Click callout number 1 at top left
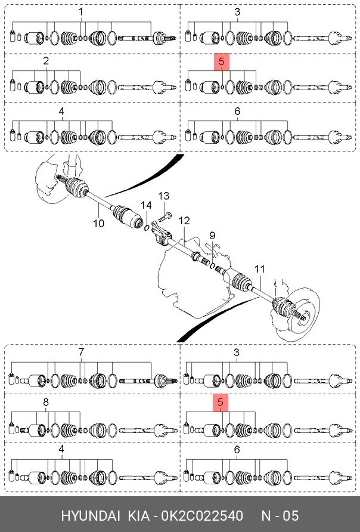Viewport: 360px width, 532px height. pos(80,12)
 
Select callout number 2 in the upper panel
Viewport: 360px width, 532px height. pos(46,61)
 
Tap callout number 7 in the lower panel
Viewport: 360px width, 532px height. pos(81,352)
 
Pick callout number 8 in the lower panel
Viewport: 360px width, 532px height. pos(46,402)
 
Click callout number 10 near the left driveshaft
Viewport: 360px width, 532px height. pos(98,224)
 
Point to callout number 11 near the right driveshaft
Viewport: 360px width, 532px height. pos(259,270)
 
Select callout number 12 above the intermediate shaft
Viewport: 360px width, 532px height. pos(184,221)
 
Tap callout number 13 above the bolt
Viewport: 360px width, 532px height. pos(164,196)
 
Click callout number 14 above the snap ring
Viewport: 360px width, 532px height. pos(146,205)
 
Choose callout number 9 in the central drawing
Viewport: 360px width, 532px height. pos(212,235)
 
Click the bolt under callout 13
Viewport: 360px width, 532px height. pos(166,216)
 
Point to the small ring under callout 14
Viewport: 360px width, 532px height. pos(147,228)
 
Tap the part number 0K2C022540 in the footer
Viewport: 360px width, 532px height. pos(203,516)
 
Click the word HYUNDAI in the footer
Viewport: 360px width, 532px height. pos(90,516)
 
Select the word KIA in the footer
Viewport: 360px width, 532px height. pos(139,516)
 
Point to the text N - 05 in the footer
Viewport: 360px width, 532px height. pos(280,516)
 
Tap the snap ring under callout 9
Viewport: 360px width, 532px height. pos(212,266)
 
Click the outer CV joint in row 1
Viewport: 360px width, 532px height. pos(163,38)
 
